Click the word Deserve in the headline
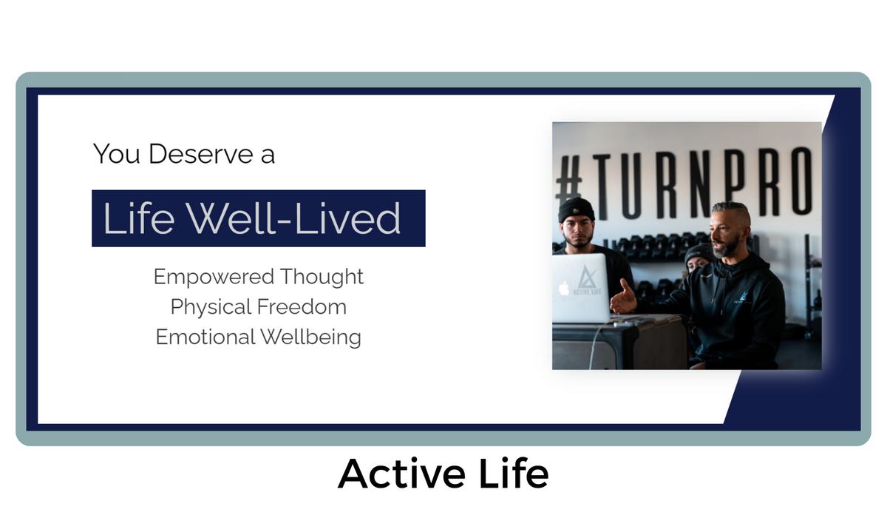pos(200,154)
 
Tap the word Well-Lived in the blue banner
pos(293,218)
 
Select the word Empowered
pos(214,277)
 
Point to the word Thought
pos(322,277)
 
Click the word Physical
pos(211,307)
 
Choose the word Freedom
pos(302,307)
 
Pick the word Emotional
pos(205,337)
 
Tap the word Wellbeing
pos(311,337)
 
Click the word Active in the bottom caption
pos(401,474)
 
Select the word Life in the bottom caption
pos(514,473)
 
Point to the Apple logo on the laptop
pos(563,288)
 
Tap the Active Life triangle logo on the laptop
pos(587,277)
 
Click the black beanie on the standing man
pos(576,210)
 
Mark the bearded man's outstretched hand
pos(623,298)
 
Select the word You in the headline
pos(117,154)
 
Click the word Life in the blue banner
pos(139,218)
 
